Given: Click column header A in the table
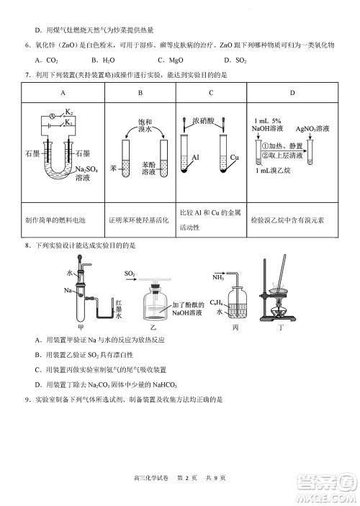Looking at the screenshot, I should [63, 93].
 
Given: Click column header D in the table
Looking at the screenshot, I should [292, 93].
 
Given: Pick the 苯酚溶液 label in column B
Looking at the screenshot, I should [150, 169].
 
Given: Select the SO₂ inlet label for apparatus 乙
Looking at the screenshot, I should [130, 274].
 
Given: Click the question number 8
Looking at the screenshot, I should [27, 245].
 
